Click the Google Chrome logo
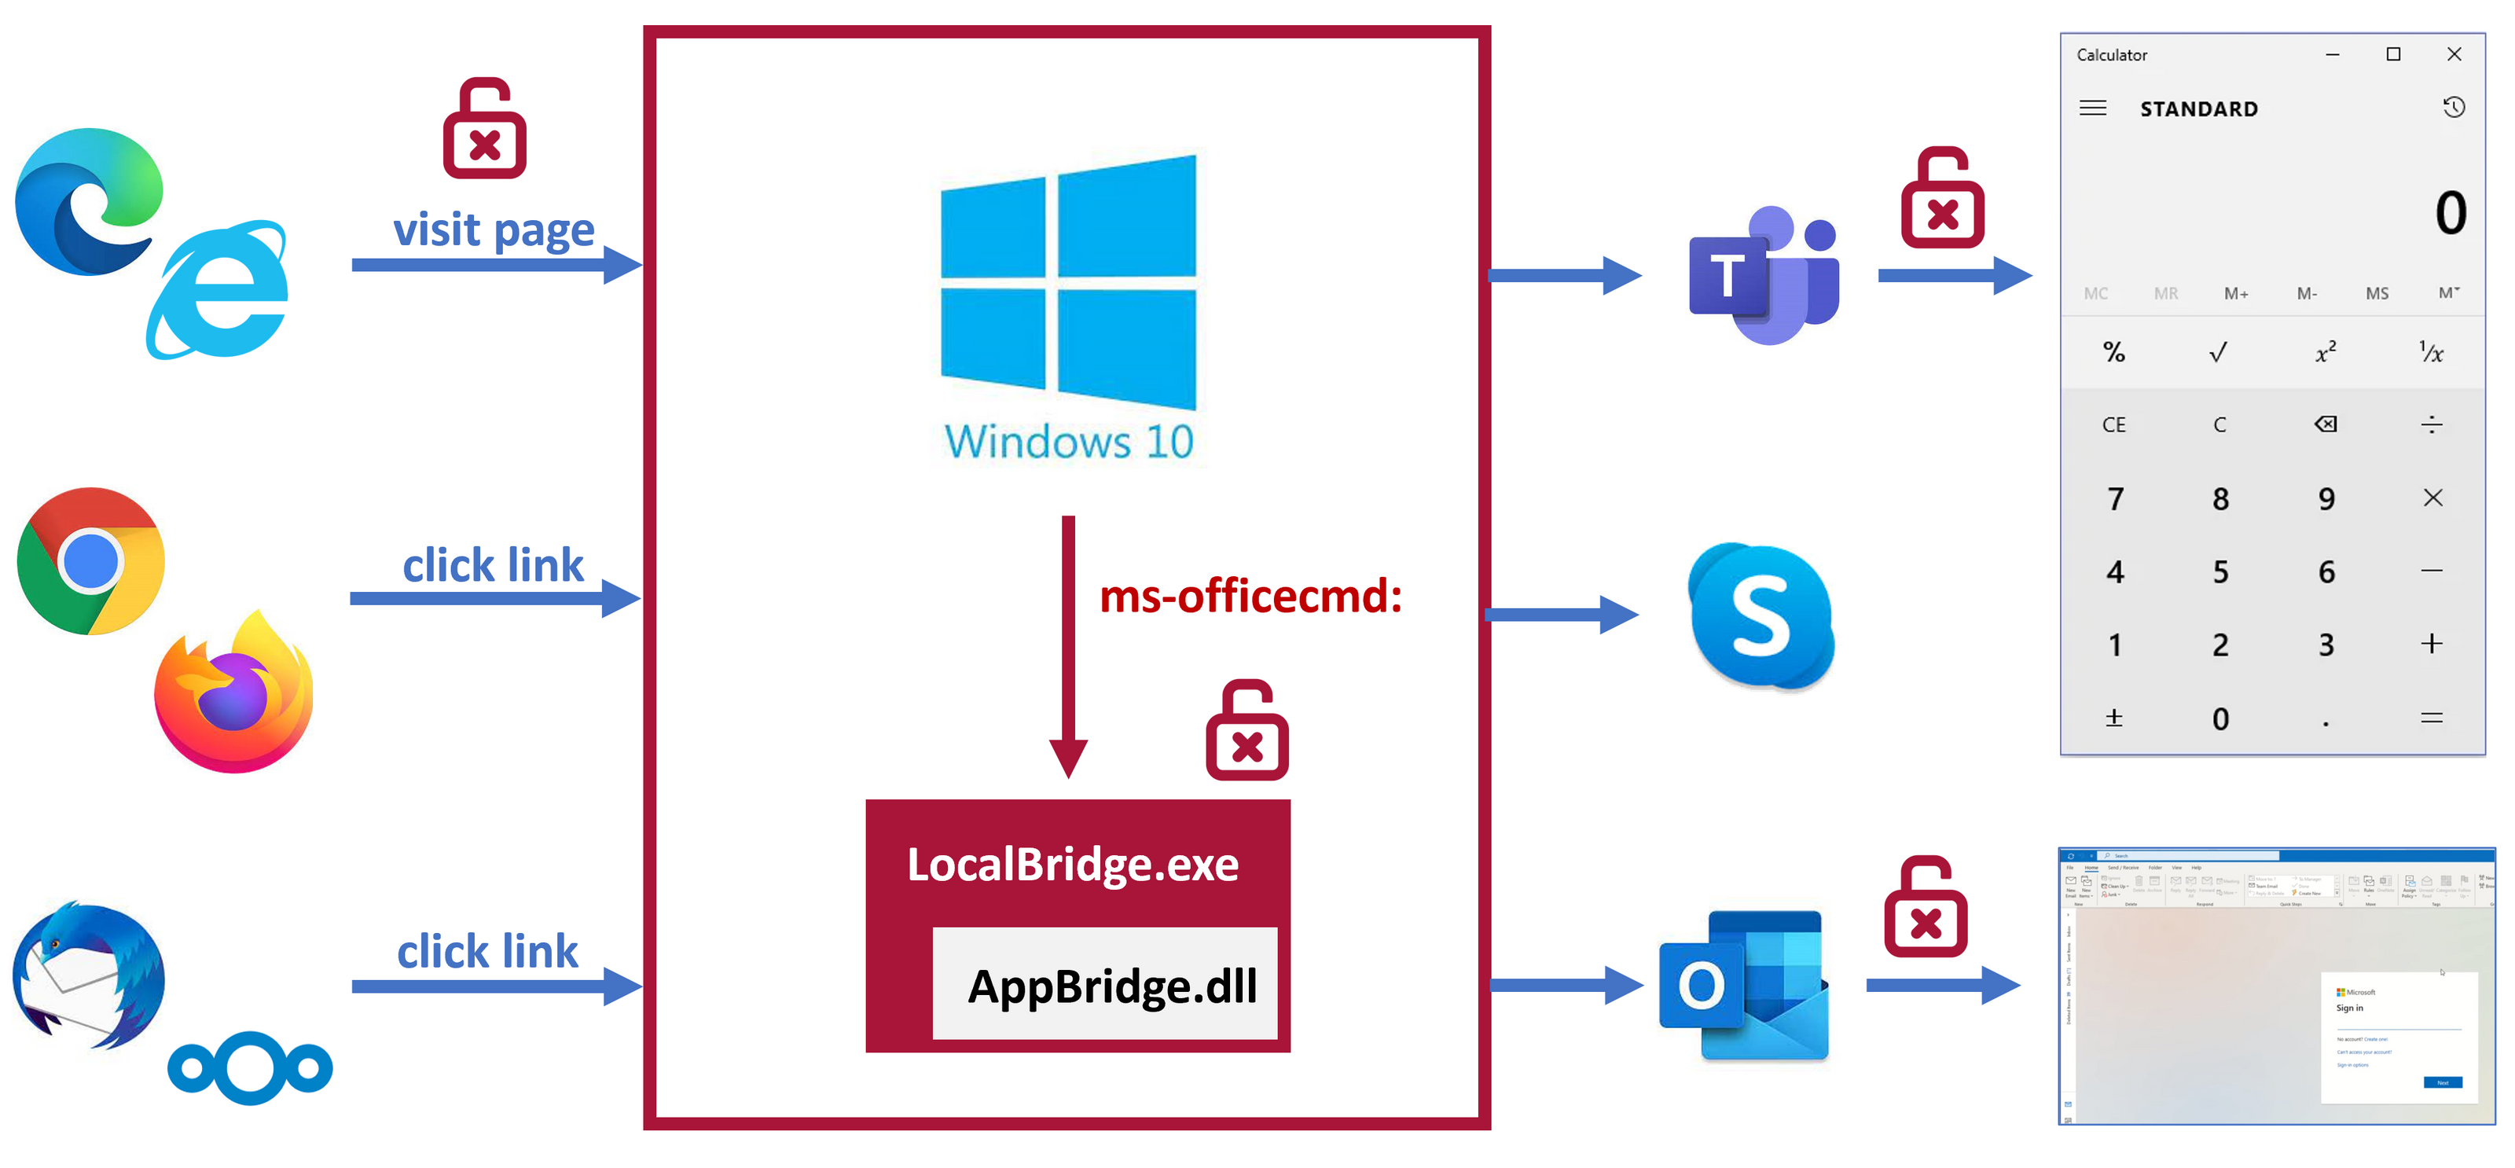pyautogui.click(x=91, y=561)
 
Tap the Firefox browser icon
pyautogui.click(x=234, y=694)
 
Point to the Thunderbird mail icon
pyautogui.click(x=88, y=975)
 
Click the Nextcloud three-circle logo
pyautogui.click(x=250, y=1067)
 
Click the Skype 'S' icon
pyautogui.click(x=1761, y=616)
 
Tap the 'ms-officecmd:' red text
pyautogui.click(x=1250, y=596)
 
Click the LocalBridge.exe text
pyautogui.click(x=1072, y=865)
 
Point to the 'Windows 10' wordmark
pyautogui.click(x=1068, y=442)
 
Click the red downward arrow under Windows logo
pyautogui.click(x=1068, y=645)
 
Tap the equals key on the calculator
pyautogui.click(x=2431, y=718)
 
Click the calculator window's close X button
pyautogui.click(x=2454, y=55)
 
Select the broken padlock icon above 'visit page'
pyautogui.click(x=484, y=129)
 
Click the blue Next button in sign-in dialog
pyautogui.click(x=2442, y=1082)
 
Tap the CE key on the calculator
pyautogui.click(x=2113, y=424)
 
